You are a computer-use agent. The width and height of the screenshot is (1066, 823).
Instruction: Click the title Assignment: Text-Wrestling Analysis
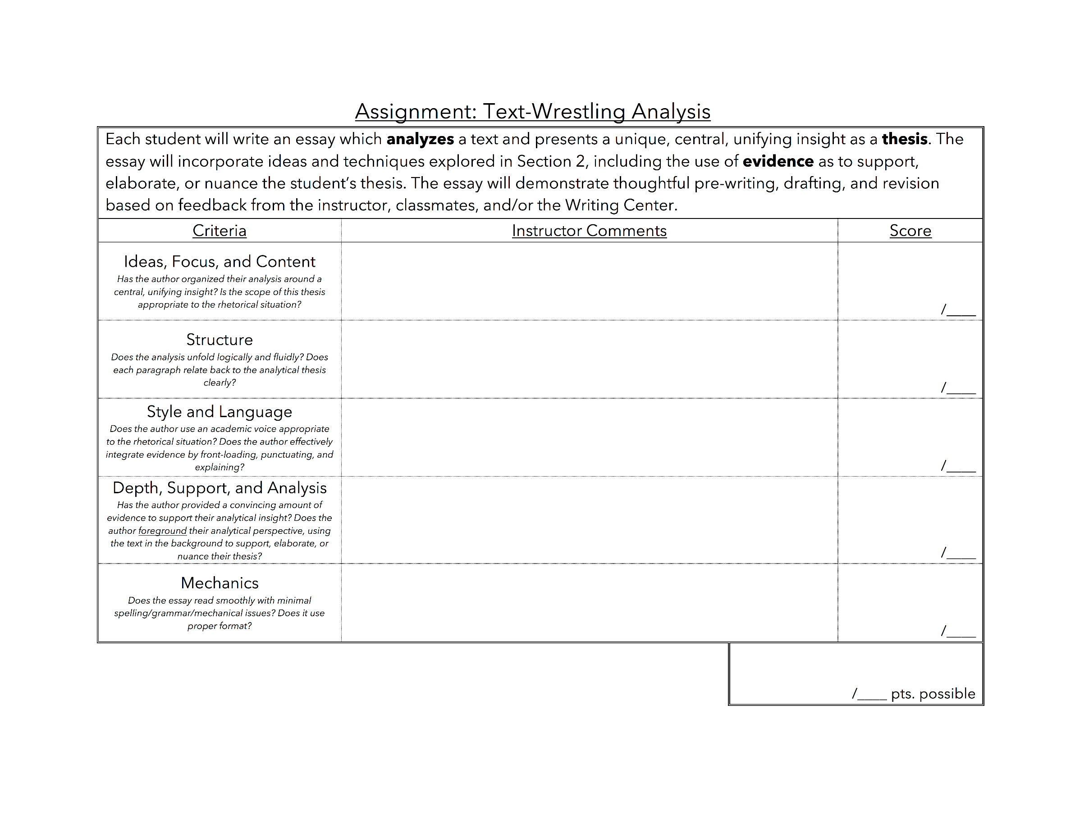(x=532, y=112)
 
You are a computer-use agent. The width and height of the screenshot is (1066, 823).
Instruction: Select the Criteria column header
(x=219, y=231)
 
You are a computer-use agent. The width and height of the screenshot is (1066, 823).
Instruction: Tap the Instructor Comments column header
(x=589, y=231)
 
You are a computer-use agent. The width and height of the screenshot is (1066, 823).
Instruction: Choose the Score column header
(x=910, y=231)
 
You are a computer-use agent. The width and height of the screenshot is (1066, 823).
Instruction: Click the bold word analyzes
(x=420, y=140)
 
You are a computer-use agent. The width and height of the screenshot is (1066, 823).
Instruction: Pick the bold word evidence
(x=778, y=161)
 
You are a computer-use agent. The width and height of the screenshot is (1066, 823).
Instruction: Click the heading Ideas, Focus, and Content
(x=219, y=262)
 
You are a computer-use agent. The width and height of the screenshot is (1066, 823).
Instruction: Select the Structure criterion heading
(x=219, y=340)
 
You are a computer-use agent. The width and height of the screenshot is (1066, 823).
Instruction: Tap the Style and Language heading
(x=219, y=412)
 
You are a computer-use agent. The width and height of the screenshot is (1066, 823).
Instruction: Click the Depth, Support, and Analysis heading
(x=219, y=488)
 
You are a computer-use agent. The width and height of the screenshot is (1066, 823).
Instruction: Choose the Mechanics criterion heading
(x=219, y=583)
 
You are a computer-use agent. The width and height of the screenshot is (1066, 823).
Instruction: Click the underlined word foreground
(x=162, y=531)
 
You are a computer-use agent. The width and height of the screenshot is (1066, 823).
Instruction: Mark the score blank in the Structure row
(x=960, y=389)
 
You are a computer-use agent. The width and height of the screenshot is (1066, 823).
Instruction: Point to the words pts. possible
(x=933, y=694)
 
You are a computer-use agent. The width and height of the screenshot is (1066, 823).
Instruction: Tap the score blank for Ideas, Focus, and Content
(x=960, y=311)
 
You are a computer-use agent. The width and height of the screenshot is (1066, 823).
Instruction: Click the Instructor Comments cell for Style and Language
(x=589, y=437)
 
